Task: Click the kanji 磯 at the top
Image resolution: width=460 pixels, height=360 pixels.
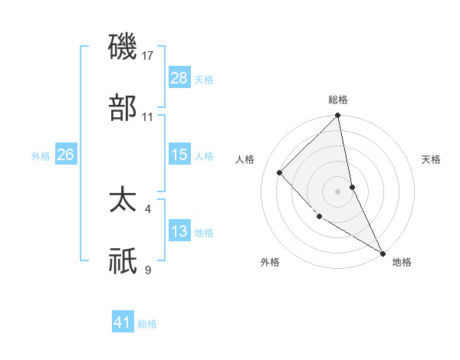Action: (123, 48)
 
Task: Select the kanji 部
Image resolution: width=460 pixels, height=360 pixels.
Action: (123, 107)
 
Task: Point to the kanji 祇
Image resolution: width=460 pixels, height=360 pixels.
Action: (123, 260)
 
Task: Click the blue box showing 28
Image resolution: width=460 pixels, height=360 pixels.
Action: (179, 78)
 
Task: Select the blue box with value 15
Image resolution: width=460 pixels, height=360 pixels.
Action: (179, 155)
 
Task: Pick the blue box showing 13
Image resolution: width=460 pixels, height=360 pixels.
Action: (179, 231)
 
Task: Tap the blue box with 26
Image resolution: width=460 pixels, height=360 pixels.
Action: (66, 155)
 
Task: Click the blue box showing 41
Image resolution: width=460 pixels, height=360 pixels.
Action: (123, 322)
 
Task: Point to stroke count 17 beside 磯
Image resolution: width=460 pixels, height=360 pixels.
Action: (149, 56)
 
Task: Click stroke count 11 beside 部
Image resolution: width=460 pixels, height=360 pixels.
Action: (148, 116)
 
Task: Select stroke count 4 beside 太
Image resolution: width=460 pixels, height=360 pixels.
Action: (148, 209)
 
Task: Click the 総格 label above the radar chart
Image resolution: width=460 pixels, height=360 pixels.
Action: (338, 100)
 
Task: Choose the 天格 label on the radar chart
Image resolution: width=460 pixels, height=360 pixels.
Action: (431, 159)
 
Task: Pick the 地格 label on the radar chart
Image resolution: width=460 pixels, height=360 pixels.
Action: (402, 262)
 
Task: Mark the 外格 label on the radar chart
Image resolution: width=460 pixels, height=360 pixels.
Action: (270, 262)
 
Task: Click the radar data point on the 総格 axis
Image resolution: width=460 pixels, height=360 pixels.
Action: (338, 116)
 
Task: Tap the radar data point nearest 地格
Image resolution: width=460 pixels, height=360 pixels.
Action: (382, 252)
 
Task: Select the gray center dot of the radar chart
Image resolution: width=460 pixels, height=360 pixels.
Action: (338, 191)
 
